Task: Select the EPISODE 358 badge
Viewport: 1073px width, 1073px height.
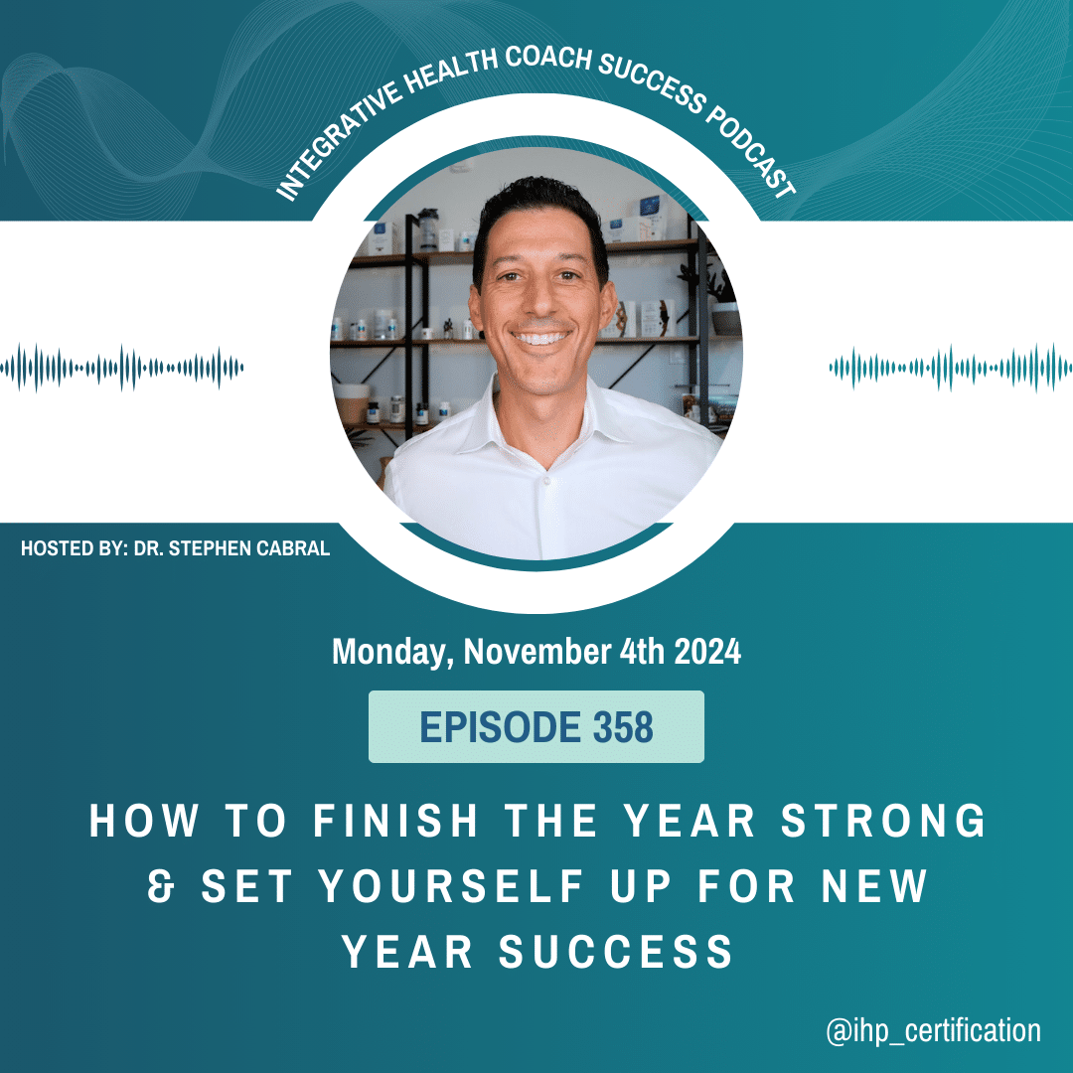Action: [536, 726]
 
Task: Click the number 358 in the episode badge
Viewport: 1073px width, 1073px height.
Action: [623, 726]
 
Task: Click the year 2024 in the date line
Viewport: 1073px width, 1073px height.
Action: [707, 652]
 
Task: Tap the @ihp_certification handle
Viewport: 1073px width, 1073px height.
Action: [933, 1030]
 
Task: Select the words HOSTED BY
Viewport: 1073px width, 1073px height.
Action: [75, 548]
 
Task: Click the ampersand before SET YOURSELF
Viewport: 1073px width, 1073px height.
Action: [162, 886]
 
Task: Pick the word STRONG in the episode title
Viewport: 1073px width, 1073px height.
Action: [883, 820]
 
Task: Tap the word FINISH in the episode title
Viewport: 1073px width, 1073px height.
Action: [395, 820]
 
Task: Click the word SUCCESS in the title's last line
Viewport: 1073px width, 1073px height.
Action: [616, 952]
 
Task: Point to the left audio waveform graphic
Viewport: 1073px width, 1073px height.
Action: [122, 369]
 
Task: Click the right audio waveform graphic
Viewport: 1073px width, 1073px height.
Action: [951, 369]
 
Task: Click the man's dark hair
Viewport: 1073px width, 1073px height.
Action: [539, 213]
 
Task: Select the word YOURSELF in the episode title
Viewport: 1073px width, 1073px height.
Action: [452, 886]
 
